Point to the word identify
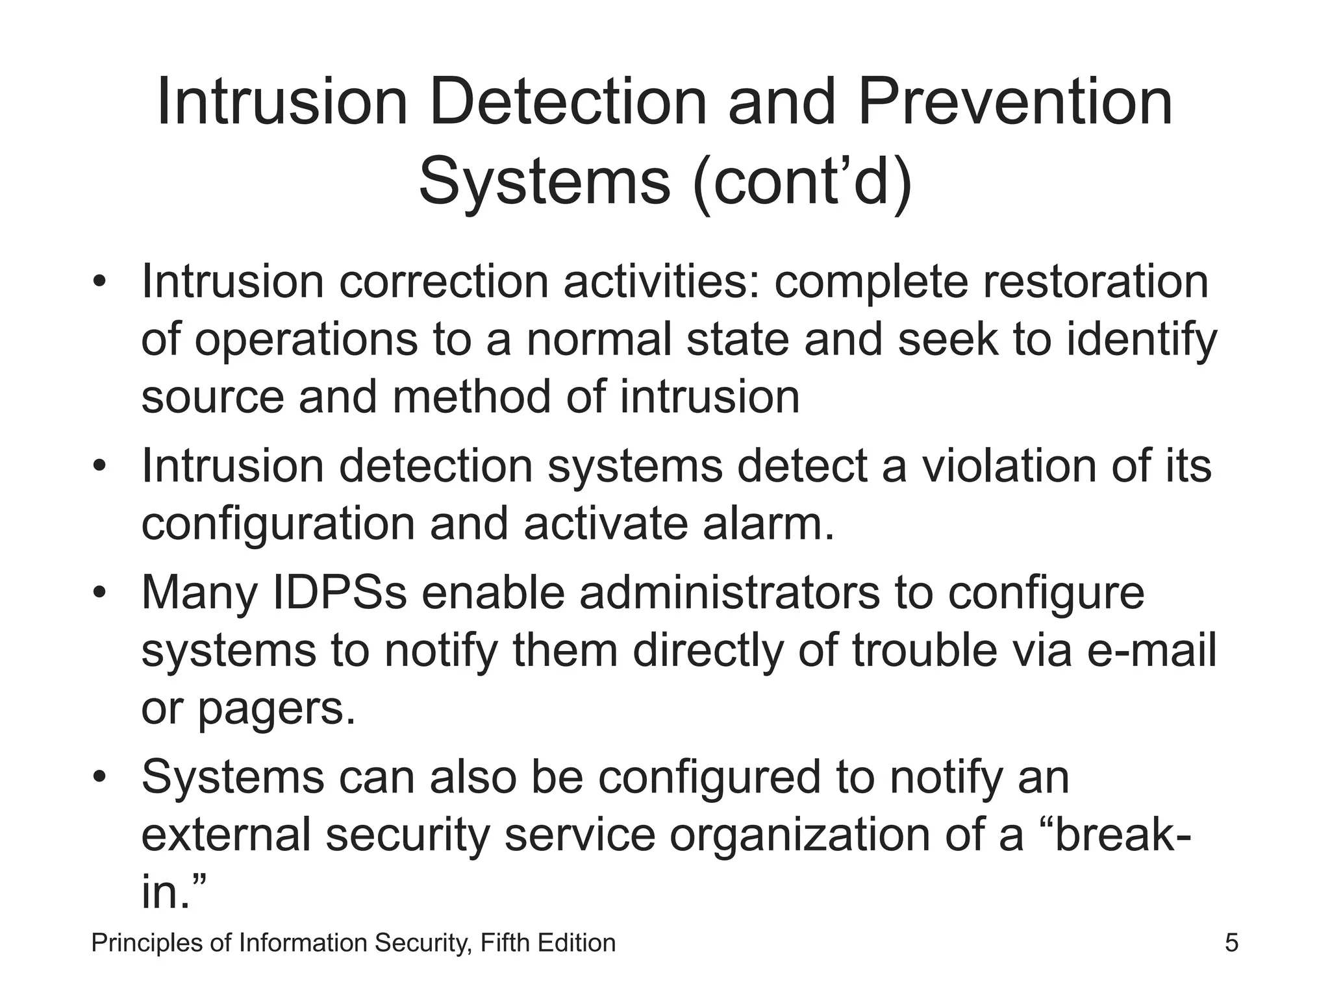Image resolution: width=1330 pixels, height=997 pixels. (1141, 340)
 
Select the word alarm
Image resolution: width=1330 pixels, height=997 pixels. (767, 524)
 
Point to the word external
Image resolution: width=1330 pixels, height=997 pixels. (225, 835)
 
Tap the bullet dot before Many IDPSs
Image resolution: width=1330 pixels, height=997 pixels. (99, 593)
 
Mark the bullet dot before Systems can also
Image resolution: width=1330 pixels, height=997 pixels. (99, 778)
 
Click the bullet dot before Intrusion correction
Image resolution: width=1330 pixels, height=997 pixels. (99, 282)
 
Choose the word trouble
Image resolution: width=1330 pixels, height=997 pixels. (924, 650)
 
